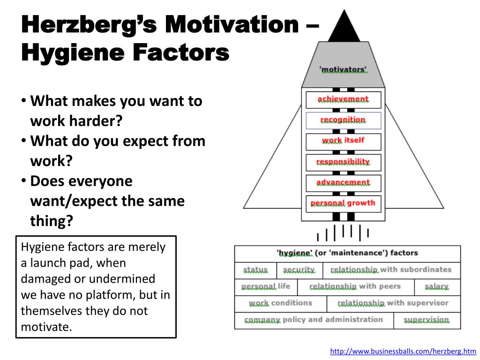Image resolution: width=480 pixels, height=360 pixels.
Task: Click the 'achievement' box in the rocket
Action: [343, 100]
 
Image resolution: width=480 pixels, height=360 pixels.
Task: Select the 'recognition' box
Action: [343, 120]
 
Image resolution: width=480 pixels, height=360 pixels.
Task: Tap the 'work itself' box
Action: [343, 141]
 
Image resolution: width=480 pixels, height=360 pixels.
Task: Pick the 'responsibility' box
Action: [343, 162]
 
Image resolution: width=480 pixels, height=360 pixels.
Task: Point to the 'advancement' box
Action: [343, 183]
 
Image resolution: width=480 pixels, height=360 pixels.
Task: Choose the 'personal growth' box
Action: [343, 203]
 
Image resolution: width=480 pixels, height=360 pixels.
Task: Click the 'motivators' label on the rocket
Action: [343, 70]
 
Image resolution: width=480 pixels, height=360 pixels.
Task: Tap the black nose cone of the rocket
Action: [344, 28]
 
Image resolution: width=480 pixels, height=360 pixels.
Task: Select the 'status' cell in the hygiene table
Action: [255, 270]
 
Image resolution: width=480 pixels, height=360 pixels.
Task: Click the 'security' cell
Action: [300, 270]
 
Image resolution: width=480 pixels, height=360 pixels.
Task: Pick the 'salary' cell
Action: [437, 286]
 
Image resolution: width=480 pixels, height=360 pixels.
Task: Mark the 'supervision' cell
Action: [427, 320]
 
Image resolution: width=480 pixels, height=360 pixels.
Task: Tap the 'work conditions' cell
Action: [280, 303]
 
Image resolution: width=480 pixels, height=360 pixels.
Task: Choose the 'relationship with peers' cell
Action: [355, 286]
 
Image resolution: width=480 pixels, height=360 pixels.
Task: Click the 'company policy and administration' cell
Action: [314, 320]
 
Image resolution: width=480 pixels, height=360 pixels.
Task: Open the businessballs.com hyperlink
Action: [403, 351]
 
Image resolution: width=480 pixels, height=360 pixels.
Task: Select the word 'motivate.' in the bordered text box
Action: [47, 326]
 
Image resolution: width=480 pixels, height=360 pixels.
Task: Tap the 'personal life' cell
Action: [266, 286]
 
